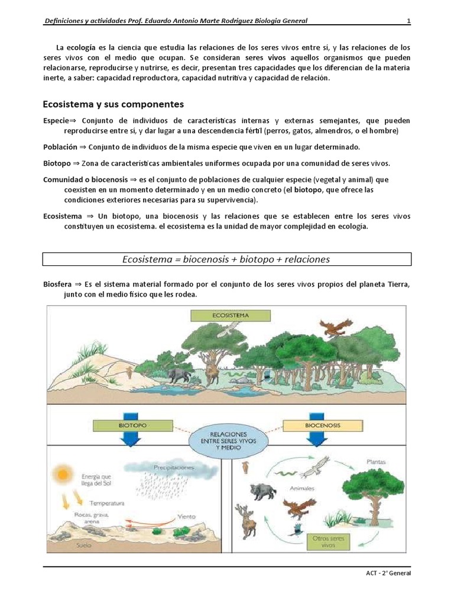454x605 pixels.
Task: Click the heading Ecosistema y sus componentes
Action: (x=113, y=105)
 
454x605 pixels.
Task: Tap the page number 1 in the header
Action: (x=408, y=22)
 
